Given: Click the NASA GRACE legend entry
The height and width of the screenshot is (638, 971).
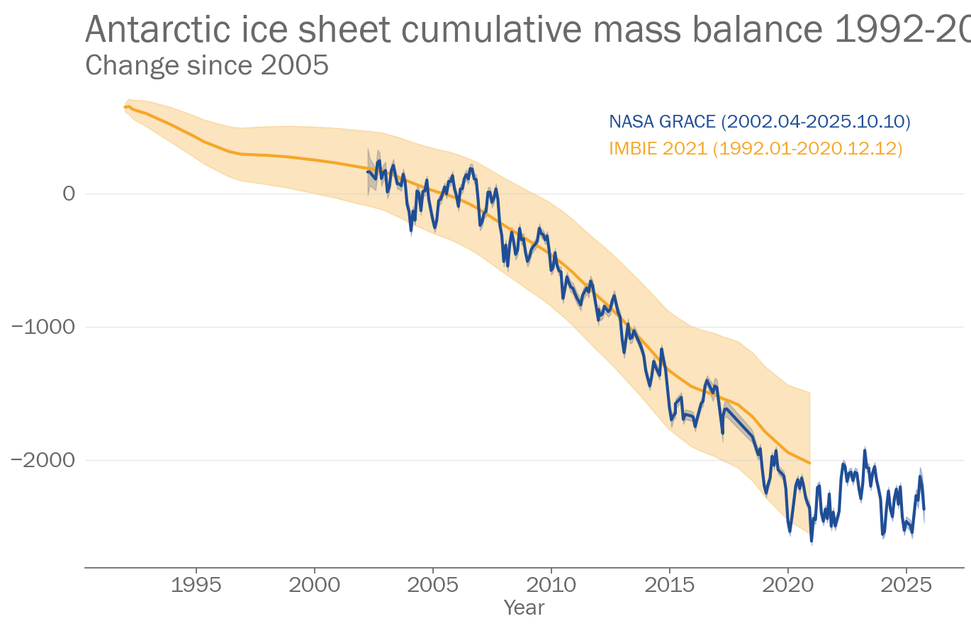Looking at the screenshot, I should (759, 121).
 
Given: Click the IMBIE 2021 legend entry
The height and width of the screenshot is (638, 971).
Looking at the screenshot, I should (756, 148).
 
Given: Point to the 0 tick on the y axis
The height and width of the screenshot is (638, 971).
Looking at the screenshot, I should (69, 194).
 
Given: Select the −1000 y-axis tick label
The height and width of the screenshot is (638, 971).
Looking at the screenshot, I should (43, 327).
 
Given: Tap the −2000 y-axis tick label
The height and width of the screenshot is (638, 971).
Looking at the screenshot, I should (43, 460).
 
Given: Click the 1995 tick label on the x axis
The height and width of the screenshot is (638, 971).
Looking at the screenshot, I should (196, 585).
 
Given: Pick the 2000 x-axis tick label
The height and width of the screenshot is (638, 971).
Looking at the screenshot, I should (314, 585).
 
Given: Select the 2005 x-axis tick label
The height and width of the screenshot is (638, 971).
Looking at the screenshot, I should (432, 585).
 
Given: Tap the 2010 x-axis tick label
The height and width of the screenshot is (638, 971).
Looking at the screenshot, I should (551, 585).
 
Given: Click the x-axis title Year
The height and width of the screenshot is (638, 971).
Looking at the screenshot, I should (524, 608).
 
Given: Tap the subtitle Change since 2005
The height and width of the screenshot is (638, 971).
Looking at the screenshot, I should (207, 65).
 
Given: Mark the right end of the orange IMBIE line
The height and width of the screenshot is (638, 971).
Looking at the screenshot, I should (809, 463).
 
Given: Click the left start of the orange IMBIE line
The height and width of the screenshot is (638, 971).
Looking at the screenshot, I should (125, 107).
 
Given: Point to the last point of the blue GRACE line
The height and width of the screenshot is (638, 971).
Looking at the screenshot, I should (924, 508).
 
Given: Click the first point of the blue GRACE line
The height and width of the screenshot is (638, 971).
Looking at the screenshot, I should (367, 171).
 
